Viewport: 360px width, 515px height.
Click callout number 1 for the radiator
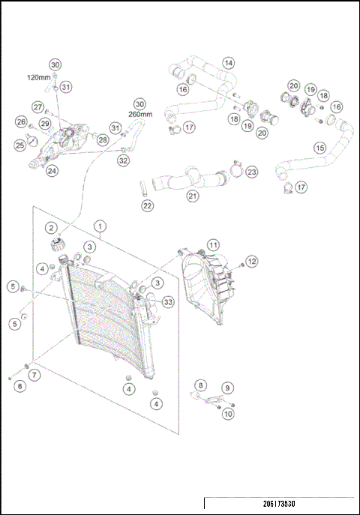click(100, 224)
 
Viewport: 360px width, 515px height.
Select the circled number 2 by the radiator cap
click(51, 228)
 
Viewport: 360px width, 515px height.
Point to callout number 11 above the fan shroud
click(213, 244)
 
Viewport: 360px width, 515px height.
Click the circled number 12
click(252, 261)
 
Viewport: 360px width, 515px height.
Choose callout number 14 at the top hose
click(228, 63)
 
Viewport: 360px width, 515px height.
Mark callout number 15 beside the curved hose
click(319, 148)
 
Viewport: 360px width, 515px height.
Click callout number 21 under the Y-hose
click(193, 196)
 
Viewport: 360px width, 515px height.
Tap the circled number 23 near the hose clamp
click(251, 172)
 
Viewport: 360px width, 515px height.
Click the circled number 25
click(20, 145)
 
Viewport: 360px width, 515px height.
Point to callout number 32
click(123, 160)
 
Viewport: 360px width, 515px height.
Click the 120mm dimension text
click(37, 77)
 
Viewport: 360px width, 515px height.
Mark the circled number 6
click(20, 385)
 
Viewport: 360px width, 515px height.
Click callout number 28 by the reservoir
click(102, 139)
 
